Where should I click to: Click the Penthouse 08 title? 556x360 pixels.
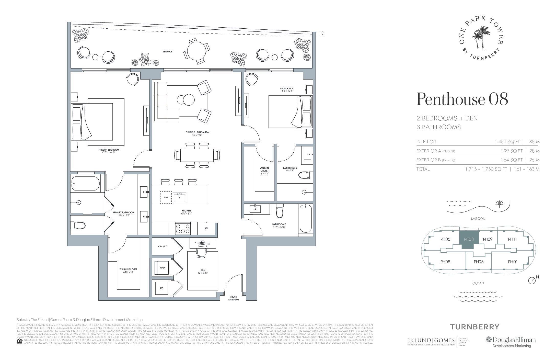tap(462, 99)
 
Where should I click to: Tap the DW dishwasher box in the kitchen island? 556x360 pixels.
tap(166, 197)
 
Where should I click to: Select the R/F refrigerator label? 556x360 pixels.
tap(206, 229)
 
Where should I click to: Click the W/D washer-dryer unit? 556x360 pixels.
tap(162, 268)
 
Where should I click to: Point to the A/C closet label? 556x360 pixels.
tap(161, 288)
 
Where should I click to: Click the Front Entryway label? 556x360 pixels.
tap(234, 298)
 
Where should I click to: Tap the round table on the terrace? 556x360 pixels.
tap(196, 51)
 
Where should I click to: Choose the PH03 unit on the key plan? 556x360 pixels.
tap(478, 262)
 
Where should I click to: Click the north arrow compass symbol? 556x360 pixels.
tap(532, 281)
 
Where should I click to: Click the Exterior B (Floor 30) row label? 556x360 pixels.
tap(435, 160)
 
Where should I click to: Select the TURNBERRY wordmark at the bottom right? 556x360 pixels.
tap(474, 327)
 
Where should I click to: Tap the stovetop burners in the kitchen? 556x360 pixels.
tap(183, 229)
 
